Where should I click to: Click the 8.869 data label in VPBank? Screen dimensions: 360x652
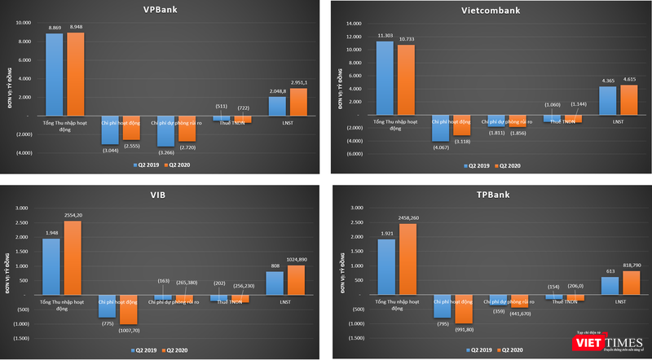[55, 29]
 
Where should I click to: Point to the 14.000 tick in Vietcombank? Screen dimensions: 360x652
[353, 24]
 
